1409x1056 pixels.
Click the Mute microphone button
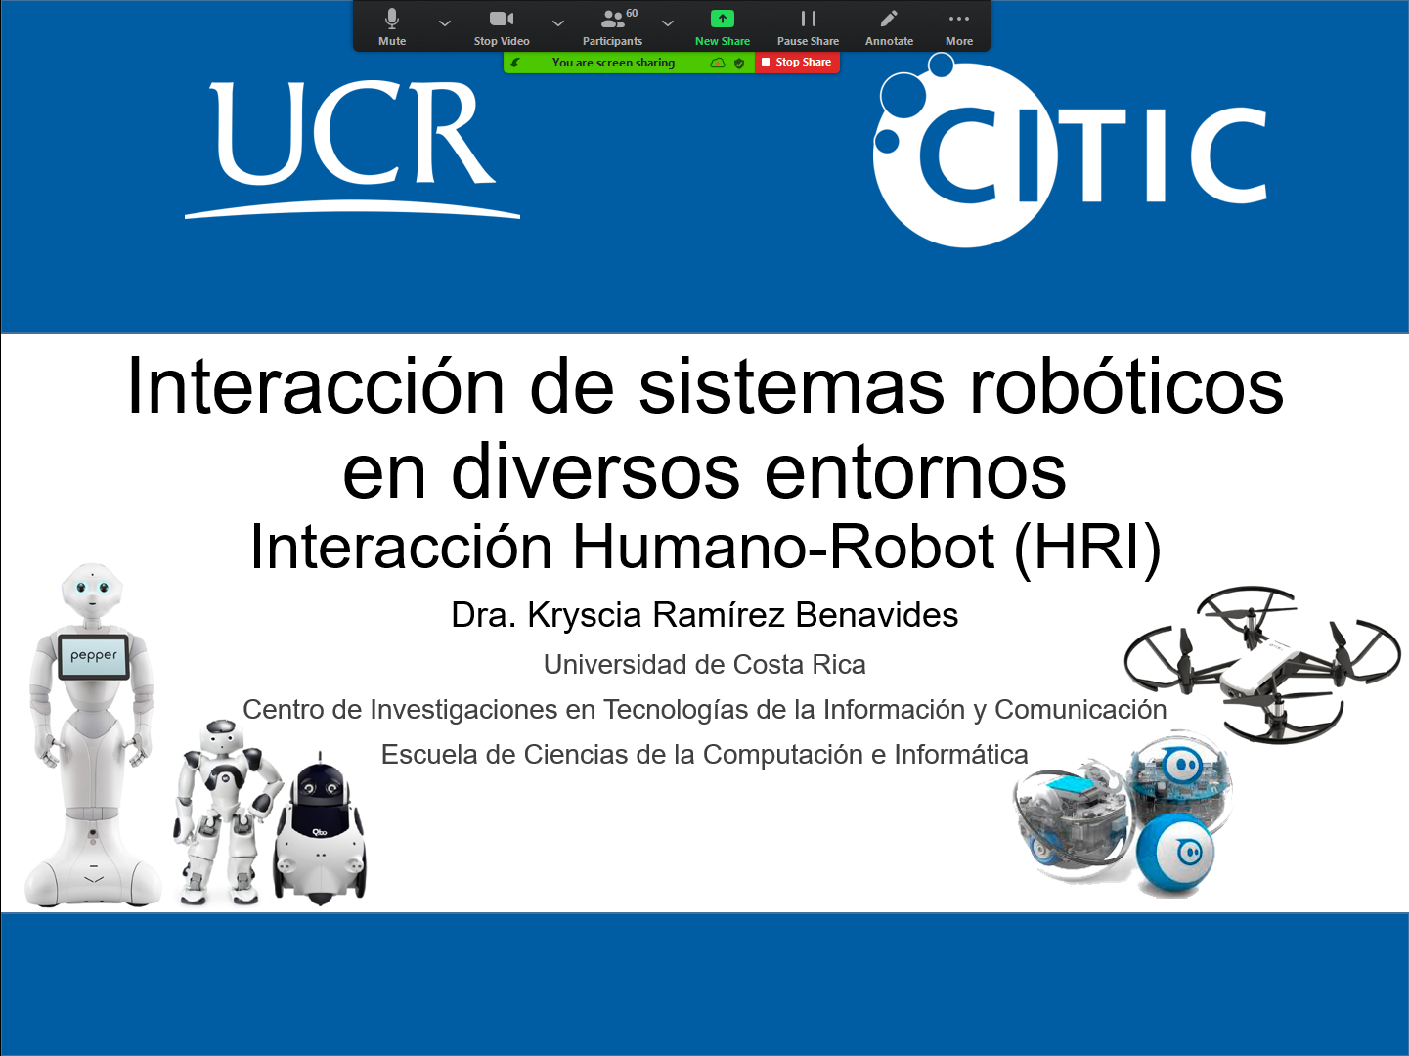392,27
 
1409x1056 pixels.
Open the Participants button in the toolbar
612,27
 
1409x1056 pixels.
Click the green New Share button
723,27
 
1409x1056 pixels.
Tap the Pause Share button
808,27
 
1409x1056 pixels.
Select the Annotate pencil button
889,27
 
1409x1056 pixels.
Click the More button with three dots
959,27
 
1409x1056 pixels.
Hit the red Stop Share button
797,63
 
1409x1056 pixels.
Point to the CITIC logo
1070,152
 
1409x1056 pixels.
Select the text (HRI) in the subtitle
1087,548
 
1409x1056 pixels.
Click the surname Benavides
876,615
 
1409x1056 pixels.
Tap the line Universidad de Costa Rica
704,665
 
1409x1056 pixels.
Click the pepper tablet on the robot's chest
94,656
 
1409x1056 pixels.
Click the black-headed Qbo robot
320,829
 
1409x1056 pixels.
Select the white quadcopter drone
1262,665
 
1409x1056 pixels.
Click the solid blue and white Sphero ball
1174,853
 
